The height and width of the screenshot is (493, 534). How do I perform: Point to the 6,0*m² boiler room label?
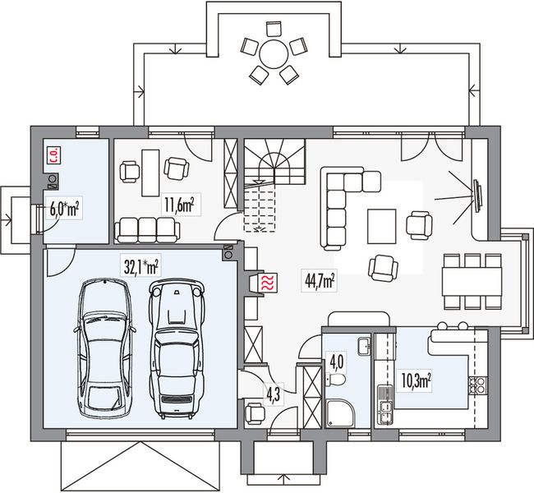point(64,209)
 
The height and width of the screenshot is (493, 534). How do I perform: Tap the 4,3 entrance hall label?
point(274,394)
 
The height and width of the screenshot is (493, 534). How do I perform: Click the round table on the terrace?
point(274,54)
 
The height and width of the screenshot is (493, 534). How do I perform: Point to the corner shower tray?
point(341,413)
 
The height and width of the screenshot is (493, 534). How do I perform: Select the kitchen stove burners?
point(478,385)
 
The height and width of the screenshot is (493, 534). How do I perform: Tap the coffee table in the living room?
point(382,226)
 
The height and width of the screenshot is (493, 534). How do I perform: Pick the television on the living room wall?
point(477,197)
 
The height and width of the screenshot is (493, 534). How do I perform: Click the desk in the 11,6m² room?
point(150,173)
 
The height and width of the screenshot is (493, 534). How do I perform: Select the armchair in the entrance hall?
point(254,412)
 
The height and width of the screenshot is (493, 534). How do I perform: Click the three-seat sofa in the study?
point(147,230)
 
